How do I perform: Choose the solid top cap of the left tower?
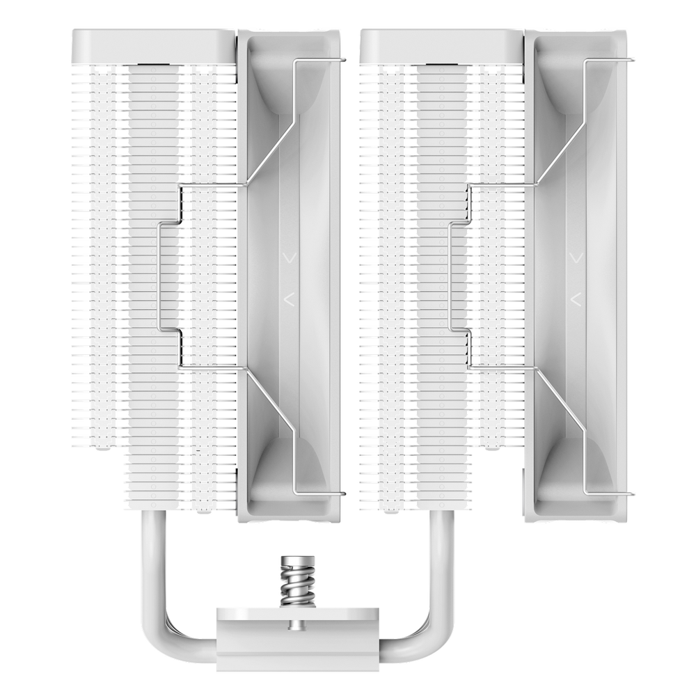pyautogui.click(x=152, y=47)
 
